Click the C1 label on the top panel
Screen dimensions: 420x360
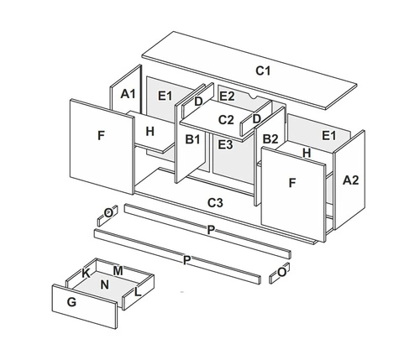[x=263, y=71]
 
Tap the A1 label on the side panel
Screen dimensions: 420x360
[x=128, y=94]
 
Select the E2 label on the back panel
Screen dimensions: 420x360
[x=227, y=97]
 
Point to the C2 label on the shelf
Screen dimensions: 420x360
[x=226, y=120]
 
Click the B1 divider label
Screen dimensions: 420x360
[x=192, y=139]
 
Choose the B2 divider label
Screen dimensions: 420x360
[x=270, y=139]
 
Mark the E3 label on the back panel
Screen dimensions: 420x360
[x=225, y=145]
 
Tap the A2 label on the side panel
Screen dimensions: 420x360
[x=350, y=180]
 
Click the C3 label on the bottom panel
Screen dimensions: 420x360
[x=215, y=203]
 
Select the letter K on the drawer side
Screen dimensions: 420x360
[x=87, y=274]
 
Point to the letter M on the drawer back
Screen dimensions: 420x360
[x=118, y=271]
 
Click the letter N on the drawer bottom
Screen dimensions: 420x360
[x=104, y=284]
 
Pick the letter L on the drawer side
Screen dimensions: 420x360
[x=138, y=292]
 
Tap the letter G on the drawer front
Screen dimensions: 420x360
[x=71, y=302]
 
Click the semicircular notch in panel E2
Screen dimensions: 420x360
[x=254, y=96]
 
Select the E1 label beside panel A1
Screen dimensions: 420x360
[x=165, y=96]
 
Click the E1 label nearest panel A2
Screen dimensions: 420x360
[x=328, y=136]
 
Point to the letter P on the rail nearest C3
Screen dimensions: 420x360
[x=211, y=230]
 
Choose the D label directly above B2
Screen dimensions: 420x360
[x=256, y=119]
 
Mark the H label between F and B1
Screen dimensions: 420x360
[x=150, y=132]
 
